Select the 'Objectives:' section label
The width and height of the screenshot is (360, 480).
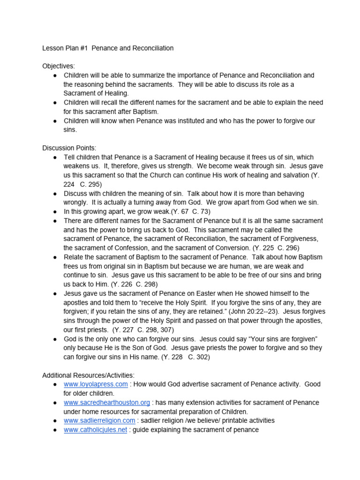(x=59, y=66)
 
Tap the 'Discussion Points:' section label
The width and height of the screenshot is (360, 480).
(x=69, y=148)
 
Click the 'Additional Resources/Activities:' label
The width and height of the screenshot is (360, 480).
(x=88, y=375)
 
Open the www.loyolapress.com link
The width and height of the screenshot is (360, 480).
(x=96, y=384)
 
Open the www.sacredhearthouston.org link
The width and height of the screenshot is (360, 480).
(x=107, y=403)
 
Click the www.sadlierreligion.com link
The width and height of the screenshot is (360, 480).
(x=99, y=420)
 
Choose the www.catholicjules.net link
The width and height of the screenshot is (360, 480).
(x=95, y=430)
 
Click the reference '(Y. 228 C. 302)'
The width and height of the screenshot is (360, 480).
(x=186, y=357)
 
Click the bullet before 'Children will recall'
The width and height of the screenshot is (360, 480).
(x=55, y=103)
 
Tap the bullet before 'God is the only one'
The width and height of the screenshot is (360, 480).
(x=55, y=339)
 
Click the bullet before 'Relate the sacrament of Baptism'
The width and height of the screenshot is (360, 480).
(x=55, y=257)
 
